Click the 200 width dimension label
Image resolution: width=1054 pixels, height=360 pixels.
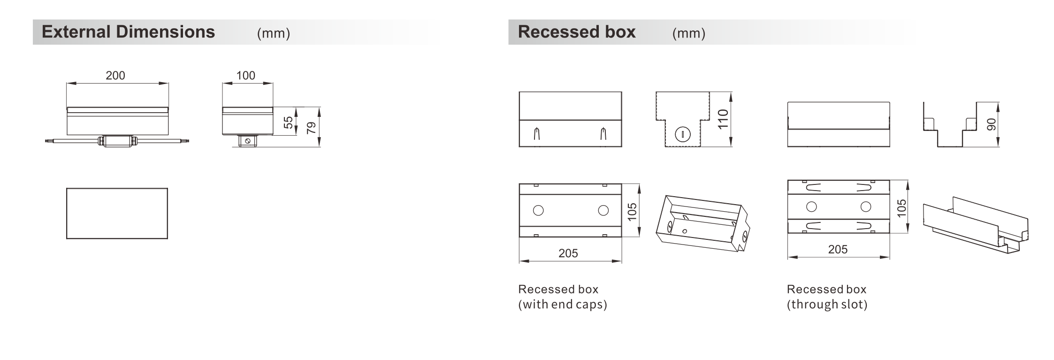click(x=115, y=76)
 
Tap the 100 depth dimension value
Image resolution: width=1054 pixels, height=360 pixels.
click(x=245, y=76)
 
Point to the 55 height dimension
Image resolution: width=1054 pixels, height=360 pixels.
click(x=288, y=122)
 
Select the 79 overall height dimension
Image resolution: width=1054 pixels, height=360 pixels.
click(x=311, y=128)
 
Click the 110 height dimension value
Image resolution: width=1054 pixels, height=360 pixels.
click(x=723, y=119)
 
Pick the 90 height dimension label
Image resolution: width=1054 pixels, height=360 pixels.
click(x=991, y=124)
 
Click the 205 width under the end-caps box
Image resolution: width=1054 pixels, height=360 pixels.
click(x=568, y=253)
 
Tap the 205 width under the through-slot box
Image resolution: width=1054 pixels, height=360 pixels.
click(x=838, y=249)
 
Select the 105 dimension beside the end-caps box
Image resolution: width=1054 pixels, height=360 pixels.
click(x=632, y=212)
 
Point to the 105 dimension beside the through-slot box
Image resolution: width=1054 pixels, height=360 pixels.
click(x=901, y=208)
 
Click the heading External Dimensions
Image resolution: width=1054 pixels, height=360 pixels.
click(x=128, y=32)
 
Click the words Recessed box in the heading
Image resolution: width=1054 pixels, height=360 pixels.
click(x=577, y=32)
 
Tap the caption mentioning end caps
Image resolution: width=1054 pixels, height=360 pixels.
click(x=563, y=297)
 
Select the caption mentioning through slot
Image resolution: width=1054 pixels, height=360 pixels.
click(x=827, y=297)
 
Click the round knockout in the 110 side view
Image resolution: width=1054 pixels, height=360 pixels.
click(x=682, y=135)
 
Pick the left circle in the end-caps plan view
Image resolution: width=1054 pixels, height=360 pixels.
click(x=538, y=210)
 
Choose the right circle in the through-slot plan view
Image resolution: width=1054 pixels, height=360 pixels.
click(x=866, y=207)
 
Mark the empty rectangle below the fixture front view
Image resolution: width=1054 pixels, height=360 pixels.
click(x=117, y=214)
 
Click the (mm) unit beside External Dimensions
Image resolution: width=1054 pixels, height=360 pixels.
click(x=274, y=33)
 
